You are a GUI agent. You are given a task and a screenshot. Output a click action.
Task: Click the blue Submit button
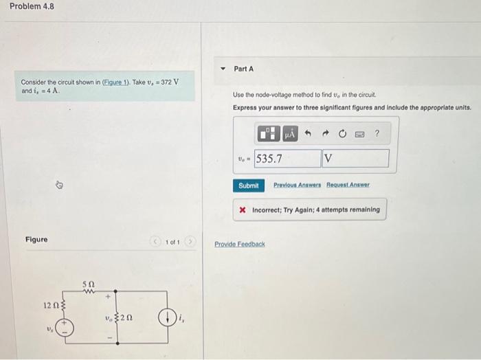pos(248,185)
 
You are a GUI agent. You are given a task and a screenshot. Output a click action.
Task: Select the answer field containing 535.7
pos(287,159)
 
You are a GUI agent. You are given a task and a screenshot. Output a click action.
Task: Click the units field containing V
pos(355,159)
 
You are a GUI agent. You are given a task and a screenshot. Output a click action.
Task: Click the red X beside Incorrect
pos(243,210)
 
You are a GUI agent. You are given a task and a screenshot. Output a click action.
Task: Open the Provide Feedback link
pos(239,245)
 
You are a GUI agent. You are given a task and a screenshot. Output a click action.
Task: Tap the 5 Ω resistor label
pos(89,284)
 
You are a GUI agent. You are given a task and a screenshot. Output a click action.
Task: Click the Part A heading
pos(243,69)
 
